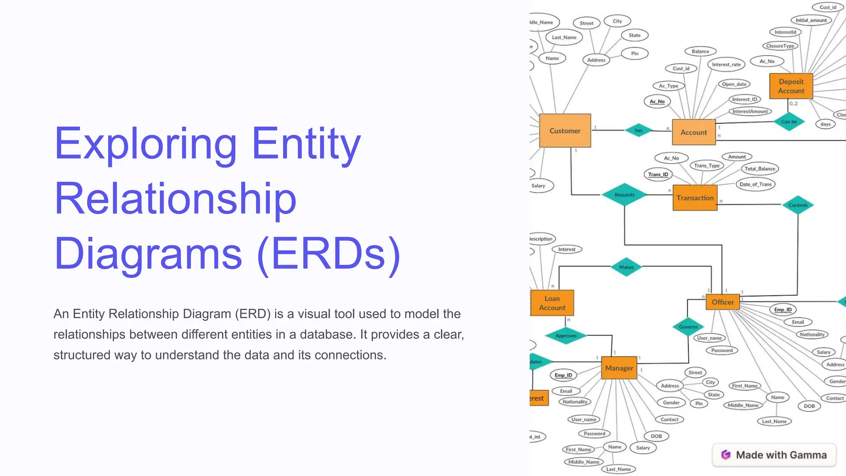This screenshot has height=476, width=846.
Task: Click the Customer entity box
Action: (565, 131)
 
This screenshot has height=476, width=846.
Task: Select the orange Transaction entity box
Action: (695, 198)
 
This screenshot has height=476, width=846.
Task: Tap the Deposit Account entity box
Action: (791, 86)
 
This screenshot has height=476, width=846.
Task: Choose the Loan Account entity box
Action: (552, 303)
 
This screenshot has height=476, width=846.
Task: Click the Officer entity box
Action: (722, 302)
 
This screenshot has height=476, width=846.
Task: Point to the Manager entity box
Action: (619, 368)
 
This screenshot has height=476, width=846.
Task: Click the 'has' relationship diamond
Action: (638, 130)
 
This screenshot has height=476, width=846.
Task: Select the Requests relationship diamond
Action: (624, 195)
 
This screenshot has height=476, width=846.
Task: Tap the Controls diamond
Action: (798, 205)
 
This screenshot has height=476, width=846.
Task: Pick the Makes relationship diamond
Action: (626, 267)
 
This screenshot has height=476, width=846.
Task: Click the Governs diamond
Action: (688, 326)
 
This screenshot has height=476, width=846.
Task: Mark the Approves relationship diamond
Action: (566, 336)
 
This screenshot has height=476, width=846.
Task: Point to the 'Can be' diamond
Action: (789, 121)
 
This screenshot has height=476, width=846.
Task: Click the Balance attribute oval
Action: (700, 51)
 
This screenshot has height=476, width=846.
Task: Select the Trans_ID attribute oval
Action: (658, 174)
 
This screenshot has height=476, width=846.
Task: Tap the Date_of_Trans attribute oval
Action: (755, 184)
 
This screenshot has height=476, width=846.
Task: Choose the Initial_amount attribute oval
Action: (811, 20)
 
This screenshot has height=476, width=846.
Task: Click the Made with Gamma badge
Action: (774, 455)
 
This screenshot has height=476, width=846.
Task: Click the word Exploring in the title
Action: (145, 144)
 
